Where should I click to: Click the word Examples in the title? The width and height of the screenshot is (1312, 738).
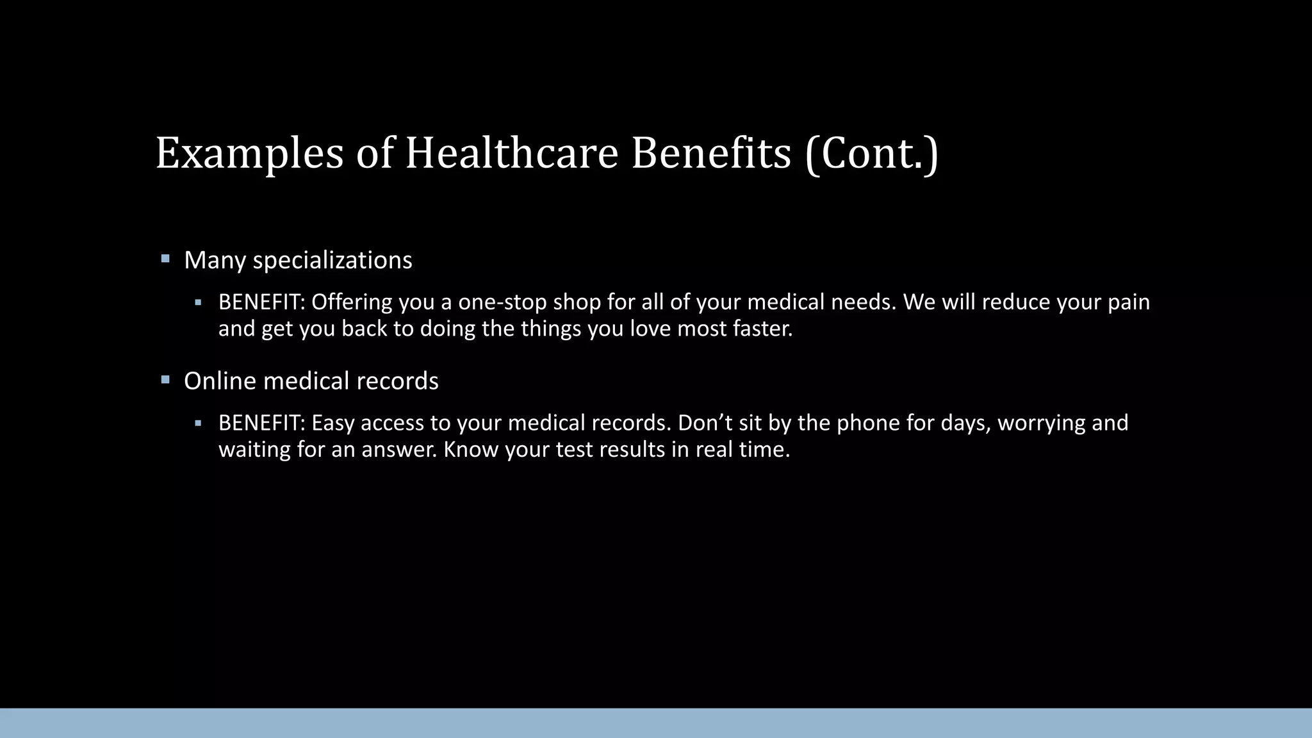pos(250,154)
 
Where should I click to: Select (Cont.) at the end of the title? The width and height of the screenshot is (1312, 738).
pos(871,154)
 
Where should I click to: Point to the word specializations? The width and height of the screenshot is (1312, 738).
pos(332,261)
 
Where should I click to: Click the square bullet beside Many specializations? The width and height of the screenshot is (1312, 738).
pos(165,259)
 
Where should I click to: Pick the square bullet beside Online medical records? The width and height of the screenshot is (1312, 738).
pos(165,380)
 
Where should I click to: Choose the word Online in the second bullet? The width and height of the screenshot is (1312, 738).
pos(220,381)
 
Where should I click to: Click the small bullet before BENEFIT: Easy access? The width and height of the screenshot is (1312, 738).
pos(199,423)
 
